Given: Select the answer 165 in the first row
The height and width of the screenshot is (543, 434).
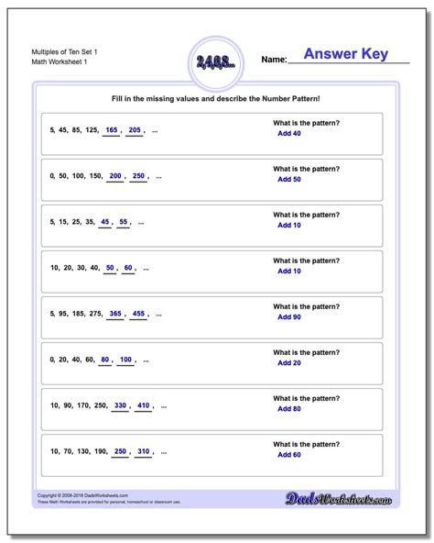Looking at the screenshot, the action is (x=112, y=131).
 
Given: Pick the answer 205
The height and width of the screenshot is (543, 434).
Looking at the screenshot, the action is (x=136, y=131).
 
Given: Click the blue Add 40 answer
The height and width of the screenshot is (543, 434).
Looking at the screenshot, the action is (x=289, y=134).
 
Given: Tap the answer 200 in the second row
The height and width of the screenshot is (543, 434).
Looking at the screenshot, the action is (x=115, y=176).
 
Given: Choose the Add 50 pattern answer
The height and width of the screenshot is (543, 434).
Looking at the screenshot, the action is (x=289, y=180).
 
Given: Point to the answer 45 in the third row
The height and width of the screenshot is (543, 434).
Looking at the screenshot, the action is (x=105, y=222).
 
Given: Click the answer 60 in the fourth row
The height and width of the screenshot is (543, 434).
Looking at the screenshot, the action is (x=129, y=268).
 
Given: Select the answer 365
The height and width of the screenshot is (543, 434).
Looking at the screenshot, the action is (x=115, y=313).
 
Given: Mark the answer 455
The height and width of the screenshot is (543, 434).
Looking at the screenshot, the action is (x=139, y=313).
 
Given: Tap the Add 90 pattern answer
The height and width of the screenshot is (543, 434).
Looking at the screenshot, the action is (x=289, y=316).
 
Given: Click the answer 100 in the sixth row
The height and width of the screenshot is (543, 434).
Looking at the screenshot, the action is (x=125, y=359).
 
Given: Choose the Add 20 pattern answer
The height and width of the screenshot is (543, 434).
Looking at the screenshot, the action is (x=289, y=362).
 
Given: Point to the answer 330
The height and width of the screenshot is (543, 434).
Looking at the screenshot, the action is (x=119, y=404).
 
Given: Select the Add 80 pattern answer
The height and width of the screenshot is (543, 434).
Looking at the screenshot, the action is (x=289, y=408).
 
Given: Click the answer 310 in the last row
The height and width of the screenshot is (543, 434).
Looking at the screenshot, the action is (x=142, y=450).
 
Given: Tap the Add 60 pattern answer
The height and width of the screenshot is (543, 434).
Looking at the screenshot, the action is (x=289, y=454).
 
